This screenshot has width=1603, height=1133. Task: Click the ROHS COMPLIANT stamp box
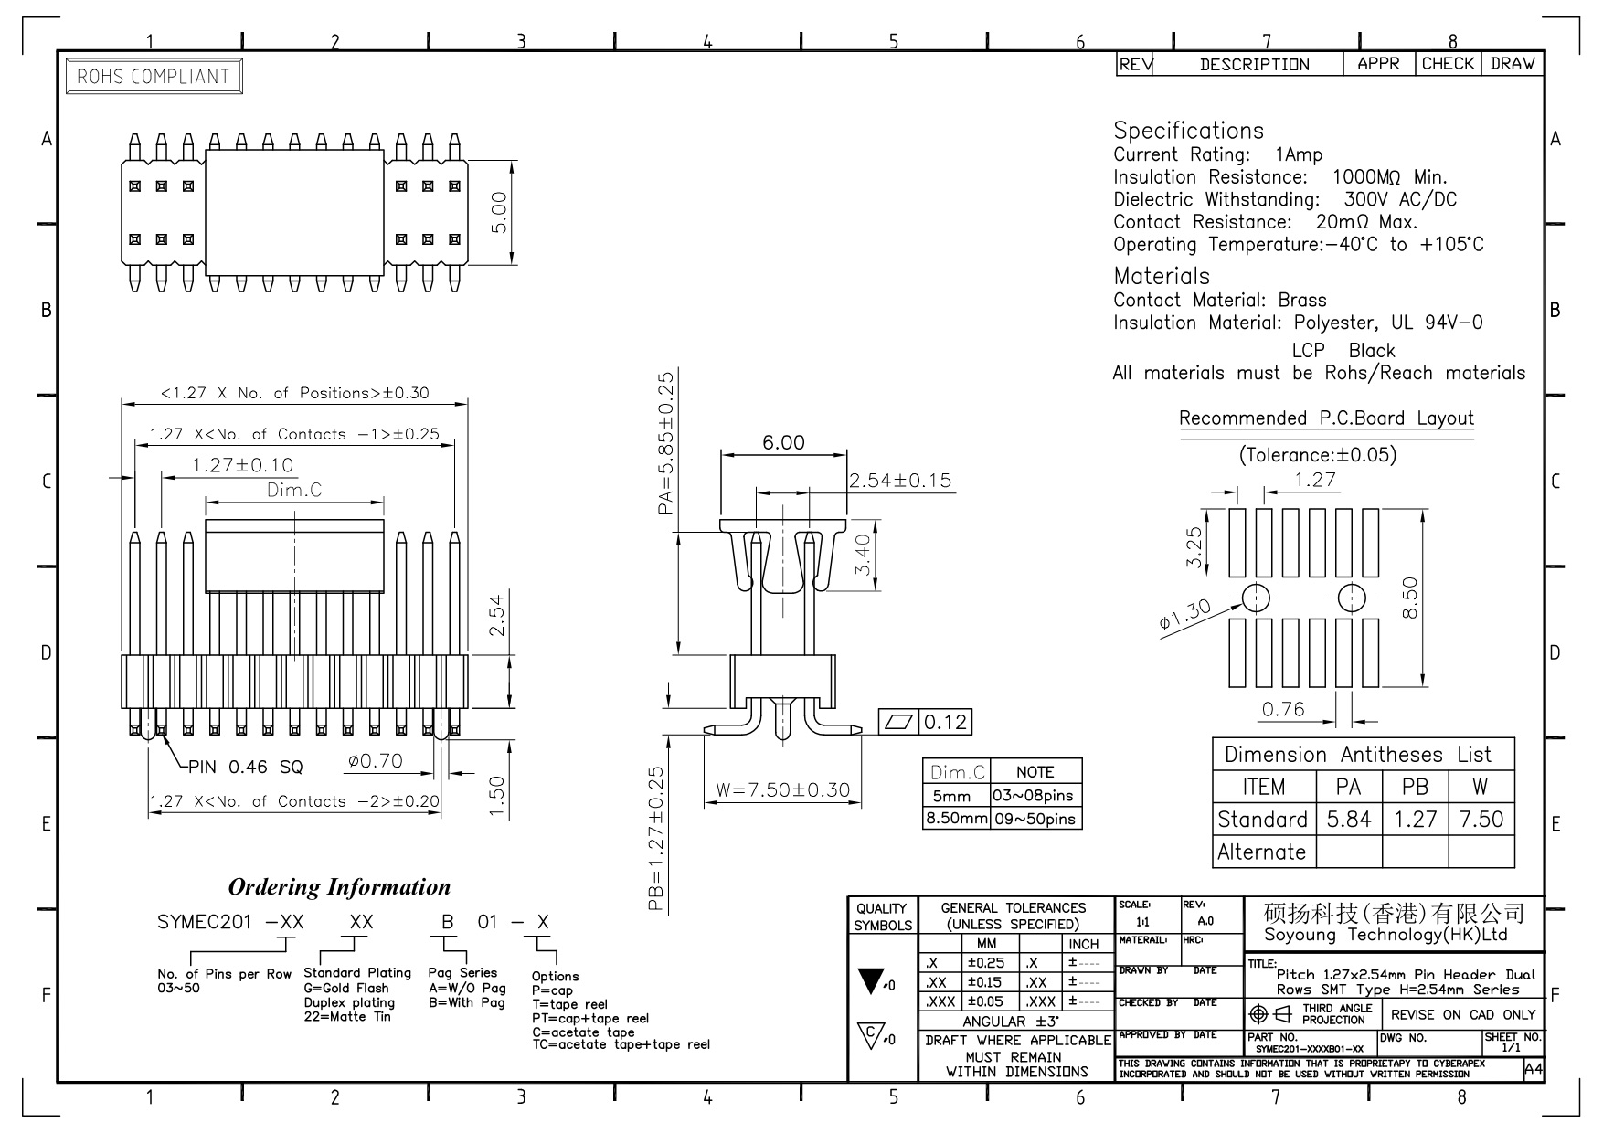pyautogui.click(x=154, y=77)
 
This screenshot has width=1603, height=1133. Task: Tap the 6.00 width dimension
pyautogui.click(x=783, y=443)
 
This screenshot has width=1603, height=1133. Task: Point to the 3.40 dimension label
pyautogui.click(x=863, y=556)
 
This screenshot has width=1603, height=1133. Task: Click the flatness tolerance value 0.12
pyautogui.click(x=945, y=723)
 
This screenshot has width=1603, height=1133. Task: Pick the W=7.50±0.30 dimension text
pyautogui.click(x=783, y=790)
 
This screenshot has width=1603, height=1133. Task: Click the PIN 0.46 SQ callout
pyautogui.click(x=245, y=767)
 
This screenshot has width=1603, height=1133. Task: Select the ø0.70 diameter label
pyautogui.click(x=375, y=761)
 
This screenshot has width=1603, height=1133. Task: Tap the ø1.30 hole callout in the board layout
pyautogui.click(x=1184, y=615)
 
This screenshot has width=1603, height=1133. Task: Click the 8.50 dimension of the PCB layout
pyautogui.click(x=1408, y=598)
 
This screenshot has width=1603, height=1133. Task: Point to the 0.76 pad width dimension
pyautogui.click(x=1283, y=710)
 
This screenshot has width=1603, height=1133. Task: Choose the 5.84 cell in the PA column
pyautogui.click(x=1348, y=820)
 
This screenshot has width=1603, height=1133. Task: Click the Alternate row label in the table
pyautogui.click(x=1261, y=852)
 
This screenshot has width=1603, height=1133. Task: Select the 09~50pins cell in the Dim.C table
pyautogui.click(x=1035, y=819)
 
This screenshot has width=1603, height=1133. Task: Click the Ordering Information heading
pyautogui.click(x=339, y=887)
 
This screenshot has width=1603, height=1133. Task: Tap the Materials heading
pyautogui.click(x=1161, y=276)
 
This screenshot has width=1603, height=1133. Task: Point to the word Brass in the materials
pyautogui.click(x=1302, y=301)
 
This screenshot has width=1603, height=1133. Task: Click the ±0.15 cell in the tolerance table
pyautogui.click(x=987, y=982)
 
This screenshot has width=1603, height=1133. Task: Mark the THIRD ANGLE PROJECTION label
pyautogui.click(x=1337, y=1014)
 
